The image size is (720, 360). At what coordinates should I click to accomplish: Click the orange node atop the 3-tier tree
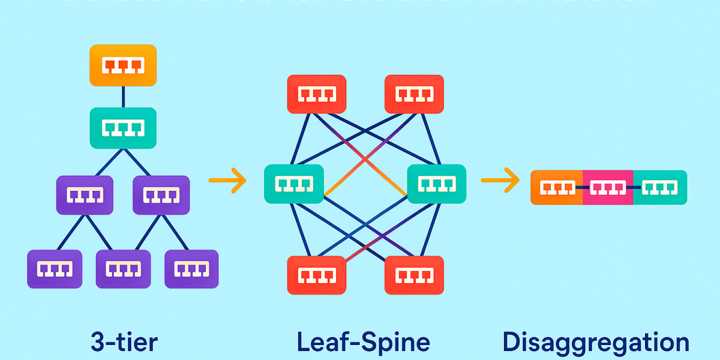tap(123, 65)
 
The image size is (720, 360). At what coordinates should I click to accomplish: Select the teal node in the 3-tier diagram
tap(123, 128)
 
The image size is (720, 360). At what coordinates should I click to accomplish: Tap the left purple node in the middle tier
tap(85, 195)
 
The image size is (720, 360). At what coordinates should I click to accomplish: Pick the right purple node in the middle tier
tap(161, 195)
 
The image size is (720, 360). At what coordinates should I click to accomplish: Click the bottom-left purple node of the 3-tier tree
tap(55, 269)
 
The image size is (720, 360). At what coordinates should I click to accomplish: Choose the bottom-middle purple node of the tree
tap(123, 269)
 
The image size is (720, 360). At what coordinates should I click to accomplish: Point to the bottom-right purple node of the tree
tap(191, 269)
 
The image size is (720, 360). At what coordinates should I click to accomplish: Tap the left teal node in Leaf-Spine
tap(294, 184)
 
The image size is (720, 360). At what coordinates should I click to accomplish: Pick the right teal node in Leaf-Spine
tap(436, 184)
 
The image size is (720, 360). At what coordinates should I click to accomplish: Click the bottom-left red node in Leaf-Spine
tap(316, 275)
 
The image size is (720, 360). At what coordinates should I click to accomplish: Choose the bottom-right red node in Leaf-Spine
tap(414, 275)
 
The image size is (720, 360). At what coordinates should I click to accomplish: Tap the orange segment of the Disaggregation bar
tap(557, 188)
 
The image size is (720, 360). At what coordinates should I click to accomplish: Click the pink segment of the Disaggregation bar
tap(608, 188)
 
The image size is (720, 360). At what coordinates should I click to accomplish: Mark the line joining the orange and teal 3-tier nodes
tap(123, 97)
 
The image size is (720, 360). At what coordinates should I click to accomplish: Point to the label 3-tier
tap(124, 342)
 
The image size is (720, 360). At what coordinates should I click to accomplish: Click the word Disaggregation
tap(596, 343)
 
